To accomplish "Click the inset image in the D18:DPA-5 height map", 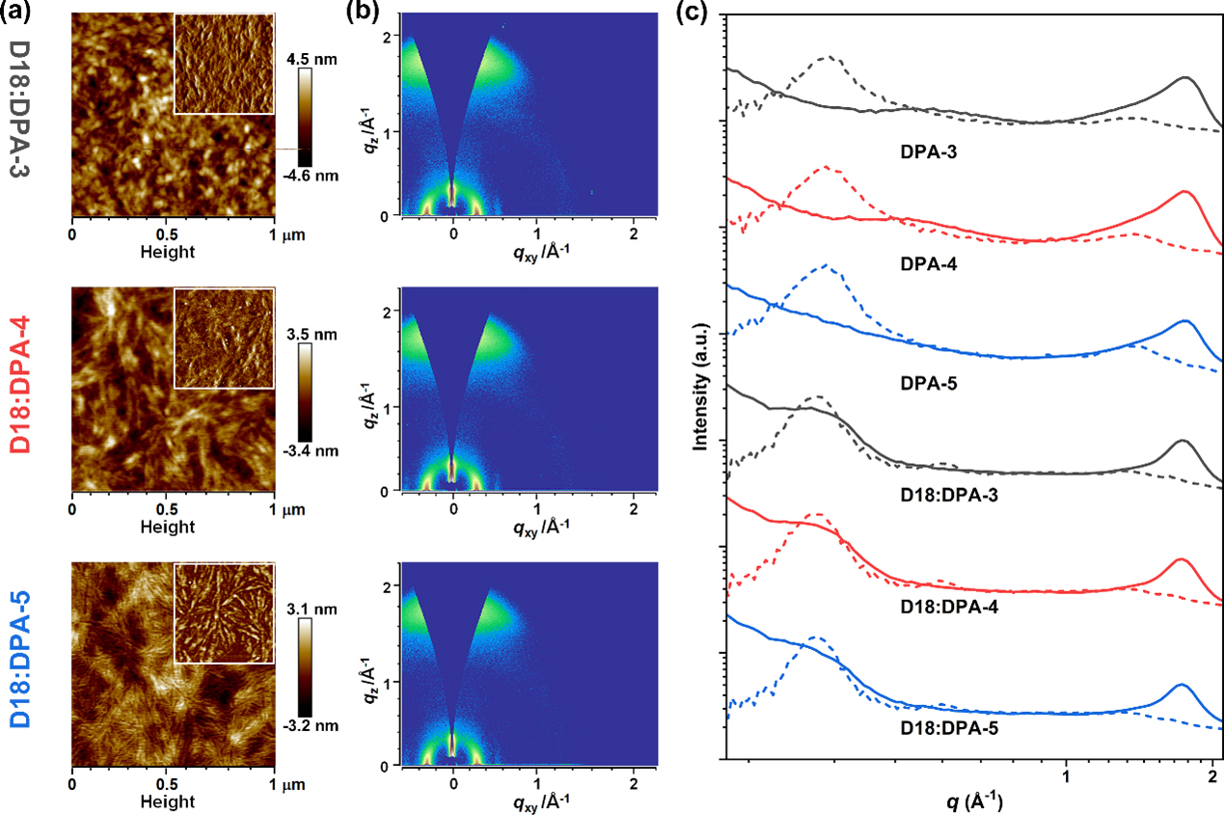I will click(x=224, y=613).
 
